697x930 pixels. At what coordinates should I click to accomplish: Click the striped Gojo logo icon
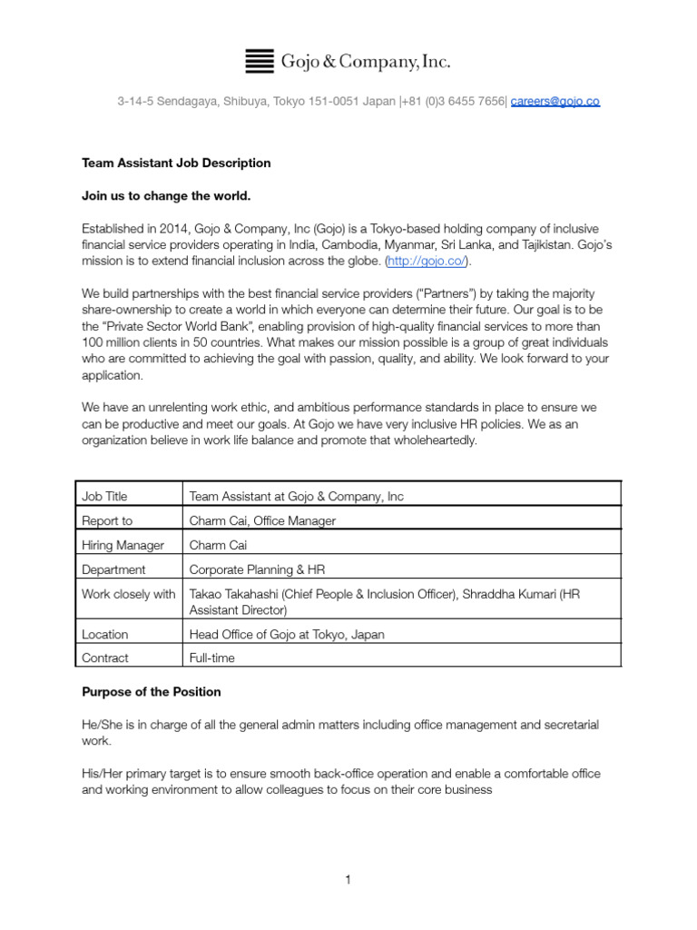[260, 62]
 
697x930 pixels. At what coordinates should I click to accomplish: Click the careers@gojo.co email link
[555, 102]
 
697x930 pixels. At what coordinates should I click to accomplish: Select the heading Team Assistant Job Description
[176, 163]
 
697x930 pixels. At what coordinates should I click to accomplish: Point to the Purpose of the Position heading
[152, 692]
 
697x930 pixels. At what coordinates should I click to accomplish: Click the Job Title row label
[104, 497]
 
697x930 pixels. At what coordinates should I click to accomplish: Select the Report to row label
[107, 521]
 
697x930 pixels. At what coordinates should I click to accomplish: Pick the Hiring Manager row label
[123, 546]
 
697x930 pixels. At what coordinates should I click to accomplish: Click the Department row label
[113, 570]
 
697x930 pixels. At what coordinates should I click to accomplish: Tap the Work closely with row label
[129, 594]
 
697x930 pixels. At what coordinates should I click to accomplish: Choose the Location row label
[105, 635]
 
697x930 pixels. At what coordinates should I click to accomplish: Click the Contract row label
[105, 658]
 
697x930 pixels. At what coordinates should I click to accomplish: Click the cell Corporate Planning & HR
[256, 570]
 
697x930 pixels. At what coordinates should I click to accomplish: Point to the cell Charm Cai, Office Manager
[261, 521]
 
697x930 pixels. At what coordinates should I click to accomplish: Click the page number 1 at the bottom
[348, 880]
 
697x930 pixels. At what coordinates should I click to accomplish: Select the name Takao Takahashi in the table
[236, 594]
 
